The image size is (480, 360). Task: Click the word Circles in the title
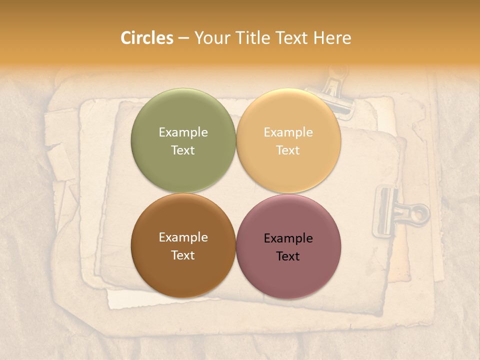[147, 38]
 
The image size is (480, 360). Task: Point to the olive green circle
[183, 120]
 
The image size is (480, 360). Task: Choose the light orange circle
[288, 120]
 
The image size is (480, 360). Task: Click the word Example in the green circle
[183, 132]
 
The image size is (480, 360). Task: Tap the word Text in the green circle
[183, 150]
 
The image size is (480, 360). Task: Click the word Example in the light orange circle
[288, 132]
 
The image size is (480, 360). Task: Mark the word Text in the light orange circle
[288, 150]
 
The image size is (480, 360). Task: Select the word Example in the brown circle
[183, 237]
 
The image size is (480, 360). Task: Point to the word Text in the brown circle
[183, 255]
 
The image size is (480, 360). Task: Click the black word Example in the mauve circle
[288, 238]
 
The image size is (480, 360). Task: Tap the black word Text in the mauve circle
[288, 256]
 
